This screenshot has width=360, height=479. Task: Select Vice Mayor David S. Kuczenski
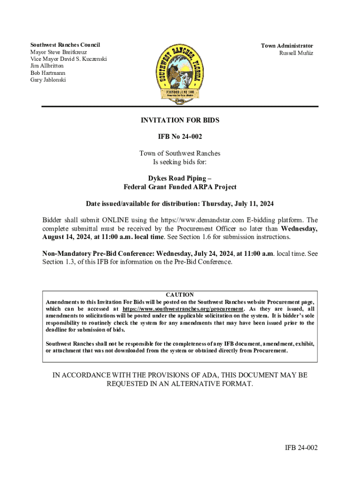[x=68, y=59]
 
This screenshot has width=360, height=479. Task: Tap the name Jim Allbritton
[x=47, y=66]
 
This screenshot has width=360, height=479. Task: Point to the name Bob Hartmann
[x=48, y=73]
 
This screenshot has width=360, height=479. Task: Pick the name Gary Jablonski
[x=48, y=80]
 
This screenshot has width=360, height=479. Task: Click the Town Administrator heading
[x=287, y=46]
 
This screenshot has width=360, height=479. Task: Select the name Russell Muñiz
[x=296, y=53]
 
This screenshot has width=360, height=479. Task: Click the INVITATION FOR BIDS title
[x=180, y=120]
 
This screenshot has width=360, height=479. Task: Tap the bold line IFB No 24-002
[x=180, y=137]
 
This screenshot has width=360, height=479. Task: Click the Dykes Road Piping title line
[x=180, y=178]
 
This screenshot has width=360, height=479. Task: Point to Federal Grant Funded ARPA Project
[x=180, y=187]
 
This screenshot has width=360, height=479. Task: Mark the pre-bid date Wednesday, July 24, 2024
[x=196, y=254]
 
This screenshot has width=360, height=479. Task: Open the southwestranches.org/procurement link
[x=183, y=309]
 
